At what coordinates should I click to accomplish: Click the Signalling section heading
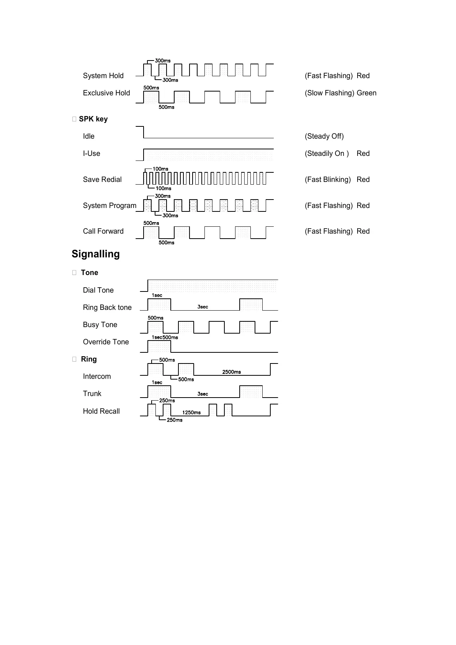coord(96,254)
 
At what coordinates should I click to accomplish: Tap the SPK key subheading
coord(93,119)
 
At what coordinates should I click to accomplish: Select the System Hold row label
coord(103,75)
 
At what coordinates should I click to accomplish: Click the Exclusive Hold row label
coord(106,93)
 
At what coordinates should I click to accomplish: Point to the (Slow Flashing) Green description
coord(340,93)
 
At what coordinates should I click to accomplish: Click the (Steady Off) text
coord(324,136)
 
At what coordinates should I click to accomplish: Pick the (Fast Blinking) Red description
coord(337,179)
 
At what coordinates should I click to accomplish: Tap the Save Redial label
coord(102,179)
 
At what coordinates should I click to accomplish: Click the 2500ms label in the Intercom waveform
coord(232,372)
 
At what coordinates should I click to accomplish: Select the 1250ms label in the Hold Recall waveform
coord(191,413)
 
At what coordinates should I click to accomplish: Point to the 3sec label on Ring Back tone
coord(203,307)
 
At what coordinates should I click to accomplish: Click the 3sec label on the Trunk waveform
coord(203,394)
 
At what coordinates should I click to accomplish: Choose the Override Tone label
coord(106,342)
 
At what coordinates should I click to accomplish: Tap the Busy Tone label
coord(100,324)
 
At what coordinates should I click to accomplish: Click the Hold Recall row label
coord(101,411)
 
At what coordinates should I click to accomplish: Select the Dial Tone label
coord(98,290)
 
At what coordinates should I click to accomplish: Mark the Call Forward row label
coord(103,231)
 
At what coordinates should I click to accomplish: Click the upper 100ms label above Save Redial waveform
coord(160,169)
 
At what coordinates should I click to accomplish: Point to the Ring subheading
coord(89,359)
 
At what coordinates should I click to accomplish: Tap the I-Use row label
coord(92,153)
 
